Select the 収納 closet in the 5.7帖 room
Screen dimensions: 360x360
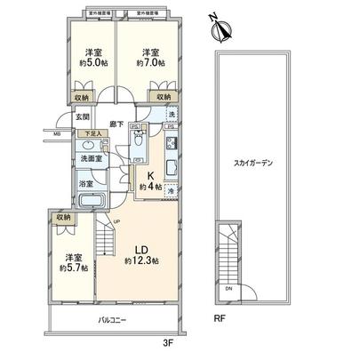coord(61,216)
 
